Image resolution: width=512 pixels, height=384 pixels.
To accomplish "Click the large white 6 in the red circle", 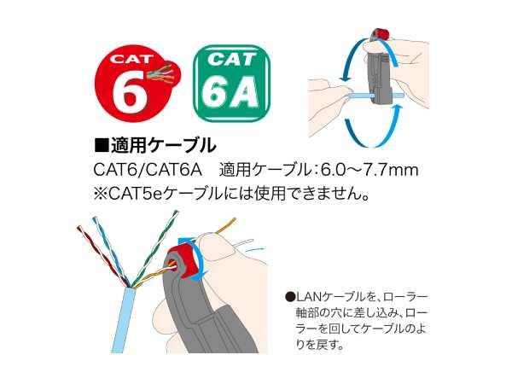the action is [x=129, y=90].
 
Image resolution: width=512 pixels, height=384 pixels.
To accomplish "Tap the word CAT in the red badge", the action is [x=131, y=59].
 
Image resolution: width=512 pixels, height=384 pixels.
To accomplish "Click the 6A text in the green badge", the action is [x=230, y=93].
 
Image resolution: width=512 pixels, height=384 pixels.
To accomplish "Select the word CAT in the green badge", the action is [x=231, y=60].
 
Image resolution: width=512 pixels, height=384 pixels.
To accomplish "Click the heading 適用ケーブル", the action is [x=163, y=145].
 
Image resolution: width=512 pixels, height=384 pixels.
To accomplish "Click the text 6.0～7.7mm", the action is [x=369, y=170].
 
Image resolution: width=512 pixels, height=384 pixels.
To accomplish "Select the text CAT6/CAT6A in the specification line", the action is [x=148, y=170].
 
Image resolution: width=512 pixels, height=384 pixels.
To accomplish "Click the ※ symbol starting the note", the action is [x=100, y=195].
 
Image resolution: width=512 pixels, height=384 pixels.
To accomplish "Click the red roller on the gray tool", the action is [x=183, y=260].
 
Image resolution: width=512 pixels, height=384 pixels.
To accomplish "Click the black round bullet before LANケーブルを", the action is [x=290, y=297].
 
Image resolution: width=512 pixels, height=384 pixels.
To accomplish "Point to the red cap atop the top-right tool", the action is [x=380, y=34].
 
